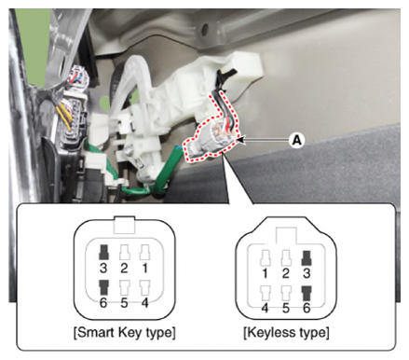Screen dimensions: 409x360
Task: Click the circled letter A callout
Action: (297, 141)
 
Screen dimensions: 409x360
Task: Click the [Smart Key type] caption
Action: (125, 333)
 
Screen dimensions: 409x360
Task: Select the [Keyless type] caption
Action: (286, 333)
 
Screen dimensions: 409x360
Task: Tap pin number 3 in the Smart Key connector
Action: (103, 268)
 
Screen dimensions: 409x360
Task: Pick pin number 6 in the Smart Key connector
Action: (103, 302)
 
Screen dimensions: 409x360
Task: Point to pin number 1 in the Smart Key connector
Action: (144, 268)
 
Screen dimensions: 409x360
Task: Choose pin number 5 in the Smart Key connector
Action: (124, 302)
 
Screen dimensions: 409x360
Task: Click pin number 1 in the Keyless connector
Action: (265, 273)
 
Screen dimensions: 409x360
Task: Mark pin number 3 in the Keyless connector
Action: (307, 273)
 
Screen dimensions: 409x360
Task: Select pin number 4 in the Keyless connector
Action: (265, 308)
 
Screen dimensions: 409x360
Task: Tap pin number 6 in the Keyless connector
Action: (307, 308)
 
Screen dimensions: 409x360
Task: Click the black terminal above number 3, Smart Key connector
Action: (103, 252)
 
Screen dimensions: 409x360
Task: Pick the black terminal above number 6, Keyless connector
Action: (307, 293)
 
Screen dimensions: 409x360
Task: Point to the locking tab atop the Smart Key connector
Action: (125, 225)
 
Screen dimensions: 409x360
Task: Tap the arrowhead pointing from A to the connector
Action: (241, 140)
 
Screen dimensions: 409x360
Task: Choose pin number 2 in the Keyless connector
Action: (286, 273)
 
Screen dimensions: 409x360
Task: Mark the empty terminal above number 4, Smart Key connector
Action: (145, 288)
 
